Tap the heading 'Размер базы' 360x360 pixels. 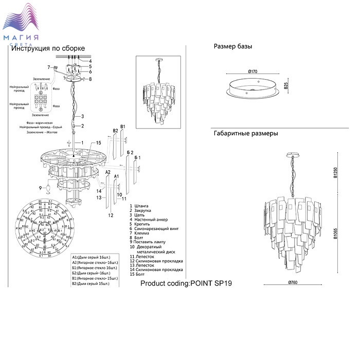pos(232,46)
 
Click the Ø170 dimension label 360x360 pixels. pos(252,71)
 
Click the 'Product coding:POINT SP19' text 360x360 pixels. pos(186,283)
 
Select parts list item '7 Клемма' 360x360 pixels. pos(142,233)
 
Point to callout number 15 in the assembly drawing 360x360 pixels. pos(98,142)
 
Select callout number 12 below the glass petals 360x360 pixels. pos(110,216)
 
